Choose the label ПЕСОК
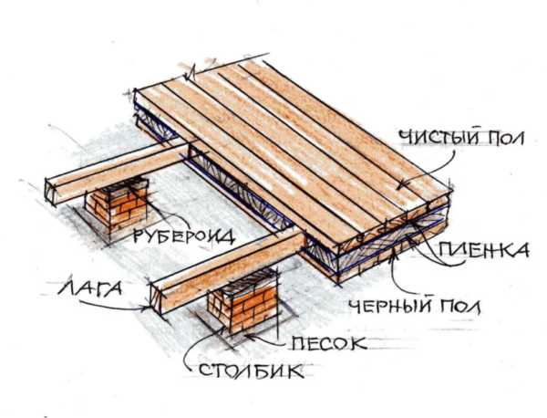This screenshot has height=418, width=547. [329, 343]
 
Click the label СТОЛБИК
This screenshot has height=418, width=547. [252, 371]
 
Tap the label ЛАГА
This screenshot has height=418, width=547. [89, 288]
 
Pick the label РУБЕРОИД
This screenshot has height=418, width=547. [184, 236]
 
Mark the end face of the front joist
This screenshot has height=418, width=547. [157, 299]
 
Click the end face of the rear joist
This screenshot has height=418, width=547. [51, 191]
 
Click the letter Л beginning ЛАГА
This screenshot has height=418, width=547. [66, 288]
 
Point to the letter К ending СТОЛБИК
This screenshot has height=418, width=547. [295, 371]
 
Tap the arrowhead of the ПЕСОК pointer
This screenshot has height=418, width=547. [249, 336]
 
